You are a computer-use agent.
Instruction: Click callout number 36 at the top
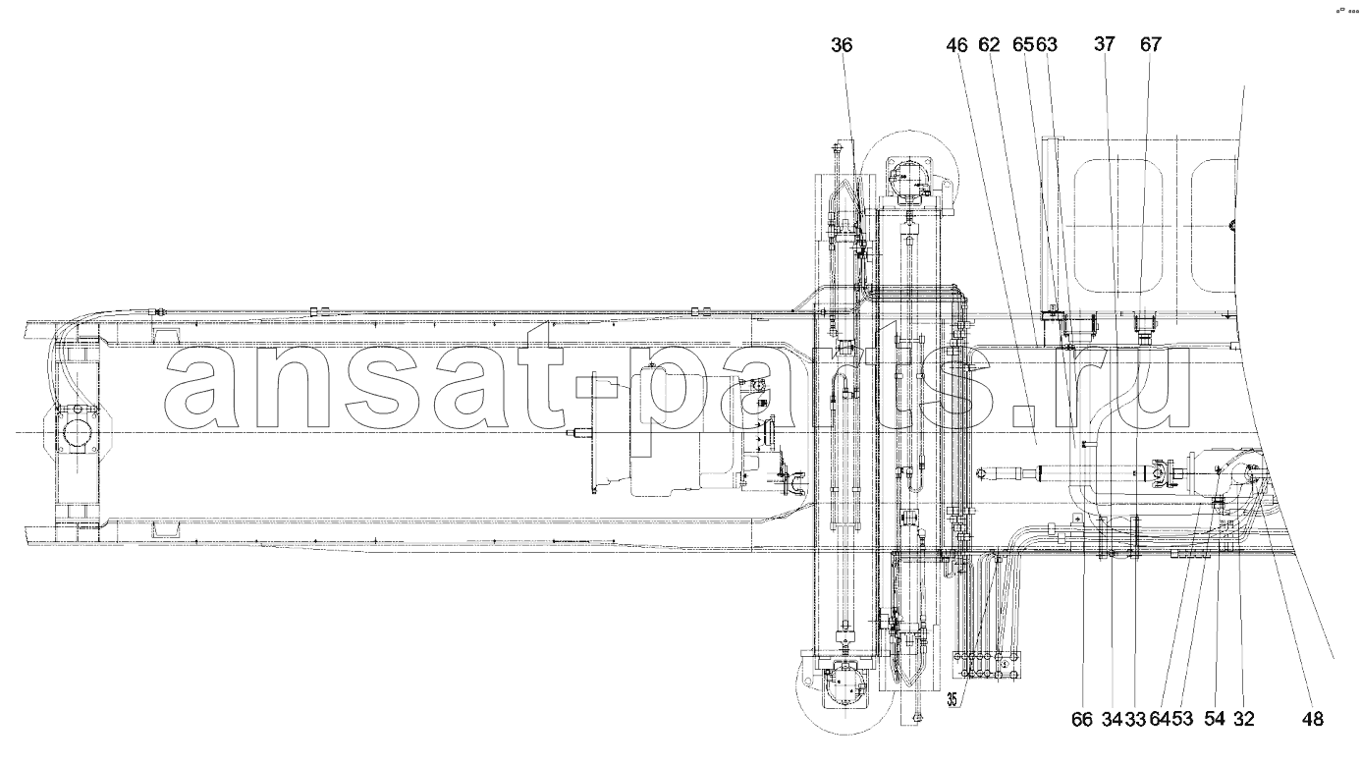coord(842,45)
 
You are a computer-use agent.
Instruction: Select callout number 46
coord(957,45)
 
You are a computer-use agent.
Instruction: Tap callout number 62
coord(989,45)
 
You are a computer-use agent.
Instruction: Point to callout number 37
coord(1105,44)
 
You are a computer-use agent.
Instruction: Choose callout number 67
coord(1151,44)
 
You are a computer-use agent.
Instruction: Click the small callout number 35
coord(953,699)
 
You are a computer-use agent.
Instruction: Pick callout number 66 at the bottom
coord(1082,719)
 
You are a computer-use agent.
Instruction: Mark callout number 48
coord(1312,719)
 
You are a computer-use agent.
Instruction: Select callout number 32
coord(1244,719)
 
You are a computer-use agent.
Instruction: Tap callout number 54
coord(1215,719)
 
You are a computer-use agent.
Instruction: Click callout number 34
coord(1113,719)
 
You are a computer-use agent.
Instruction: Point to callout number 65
coord(1024,45)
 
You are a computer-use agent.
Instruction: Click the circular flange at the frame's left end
coord(78,433)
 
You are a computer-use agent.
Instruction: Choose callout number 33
coord(1135,719)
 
